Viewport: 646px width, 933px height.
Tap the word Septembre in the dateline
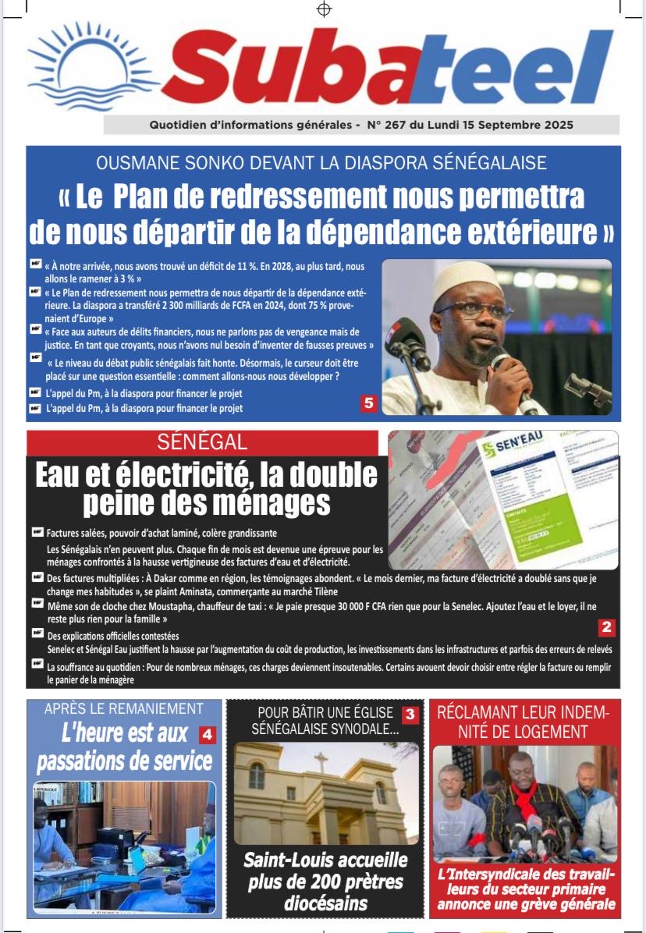click(509, 125)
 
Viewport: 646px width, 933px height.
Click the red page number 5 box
click(368, 403)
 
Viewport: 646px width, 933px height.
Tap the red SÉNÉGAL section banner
click(202, 442)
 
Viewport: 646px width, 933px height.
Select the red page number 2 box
click(607, 626)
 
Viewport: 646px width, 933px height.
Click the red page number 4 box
click(207, 734)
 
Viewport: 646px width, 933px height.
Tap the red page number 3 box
click(410, 714)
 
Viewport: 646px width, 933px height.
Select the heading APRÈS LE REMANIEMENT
click(123, 709)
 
